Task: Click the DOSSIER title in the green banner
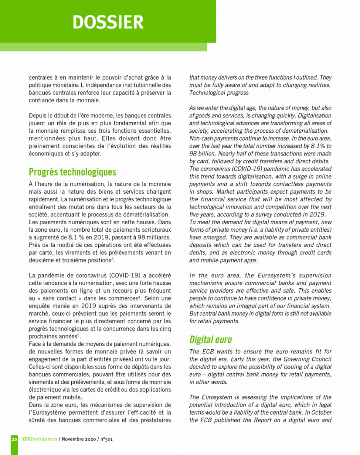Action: point(108,22)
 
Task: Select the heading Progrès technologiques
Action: point(72,172)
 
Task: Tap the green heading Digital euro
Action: point(210,339)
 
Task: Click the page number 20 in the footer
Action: point(14,439)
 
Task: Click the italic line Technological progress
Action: point(219,93)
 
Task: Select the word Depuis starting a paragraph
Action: point(38,115)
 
